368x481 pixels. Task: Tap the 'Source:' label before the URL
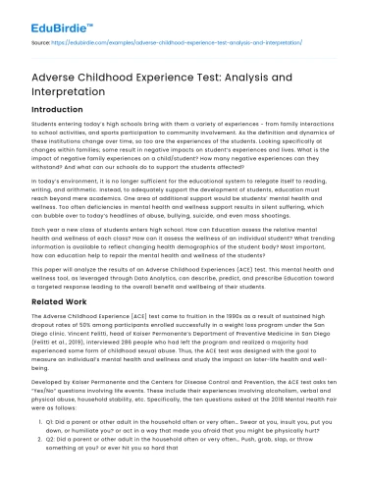click(x=20, y=43)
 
